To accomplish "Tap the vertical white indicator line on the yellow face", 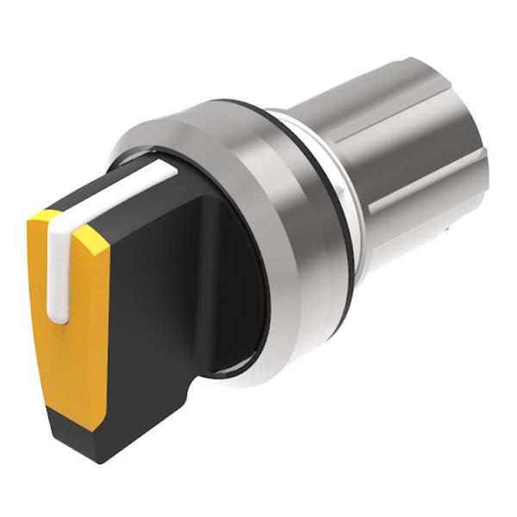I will pos(59,267).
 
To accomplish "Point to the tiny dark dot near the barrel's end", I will pos(450,229).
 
